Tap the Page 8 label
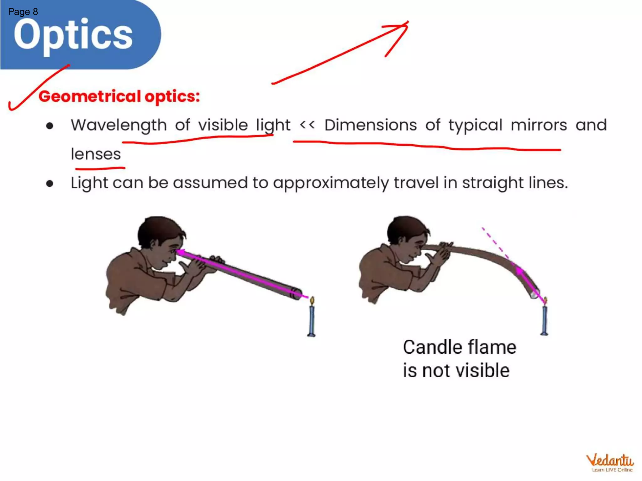tap(23, 12)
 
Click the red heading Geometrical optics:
tap(119, 96)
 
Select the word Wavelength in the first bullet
tap(118, 125)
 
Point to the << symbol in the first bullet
tap(307, 125)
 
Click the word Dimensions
tap(371, 125)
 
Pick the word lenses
tap(96, 154)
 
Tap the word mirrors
tap(539, 125)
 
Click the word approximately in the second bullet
tap(331, 183)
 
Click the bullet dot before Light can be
tap(50, 183)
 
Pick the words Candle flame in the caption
tap(459, 347)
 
